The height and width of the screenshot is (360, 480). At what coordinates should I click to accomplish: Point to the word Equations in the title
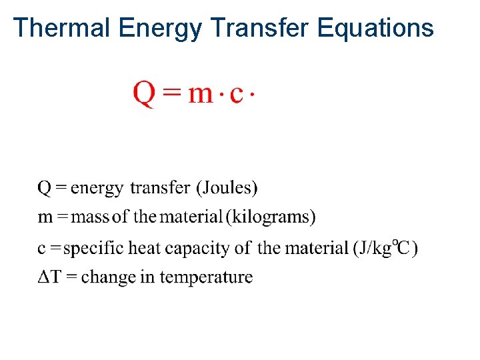tap(376, 28)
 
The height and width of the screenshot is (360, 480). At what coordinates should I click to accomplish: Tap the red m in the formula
tap(200, 95)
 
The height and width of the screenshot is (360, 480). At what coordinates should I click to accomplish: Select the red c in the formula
tap(236, 95)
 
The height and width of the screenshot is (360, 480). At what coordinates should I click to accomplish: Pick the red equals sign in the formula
tap(172, 94)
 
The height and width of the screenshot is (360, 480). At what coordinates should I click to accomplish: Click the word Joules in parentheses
tap(226, 188)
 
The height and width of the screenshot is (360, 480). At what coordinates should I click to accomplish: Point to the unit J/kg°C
tap(386, 248)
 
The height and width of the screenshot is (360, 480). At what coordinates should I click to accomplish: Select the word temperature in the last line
tap(206, 277)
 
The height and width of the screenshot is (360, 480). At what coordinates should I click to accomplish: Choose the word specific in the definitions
tap(93, 249)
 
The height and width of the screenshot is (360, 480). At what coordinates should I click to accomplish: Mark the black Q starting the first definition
tap(44, 188)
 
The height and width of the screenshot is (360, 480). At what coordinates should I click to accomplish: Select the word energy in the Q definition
tap(96, 189)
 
